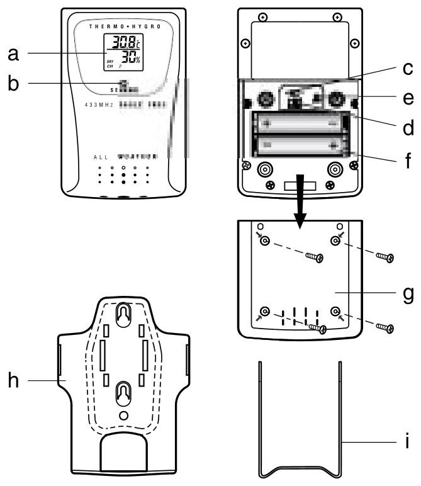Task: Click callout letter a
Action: [13, 55]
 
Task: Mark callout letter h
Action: [13, 380]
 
